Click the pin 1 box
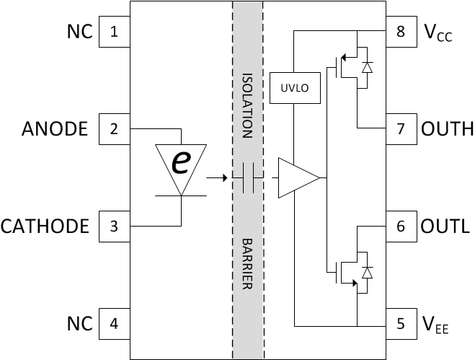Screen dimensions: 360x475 click(x=114, y=32)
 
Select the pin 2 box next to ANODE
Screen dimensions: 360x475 click(x=114, y=129)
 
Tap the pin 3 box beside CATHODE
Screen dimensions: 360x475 click(x=114, y=227)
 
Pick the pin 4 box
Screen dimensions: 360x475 click(x=114, y=324)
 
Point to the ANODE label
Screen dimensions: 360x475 click(x=55, y=129)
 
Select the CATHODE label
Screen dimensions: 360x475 click(x=45, y=227)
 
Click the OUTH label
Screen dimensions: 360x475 click(x=447, y=129)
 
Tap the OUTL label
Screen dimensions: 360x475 click(x=445, y=227)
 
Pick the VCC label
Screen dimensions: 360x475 click(x=438, y=33)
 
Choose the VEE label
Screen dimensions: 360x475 click(x=436, y=325)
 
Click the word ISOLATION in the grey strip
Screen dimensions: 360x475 click(x=247, y=105)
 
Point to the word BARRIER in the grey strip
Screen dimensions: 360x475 click(x=247, y=264)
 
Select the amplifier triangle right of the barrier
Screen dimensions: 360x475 click(x=296, y=177)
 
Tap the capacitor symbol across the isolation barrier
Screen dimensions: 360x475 click(x=249, y=177)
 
